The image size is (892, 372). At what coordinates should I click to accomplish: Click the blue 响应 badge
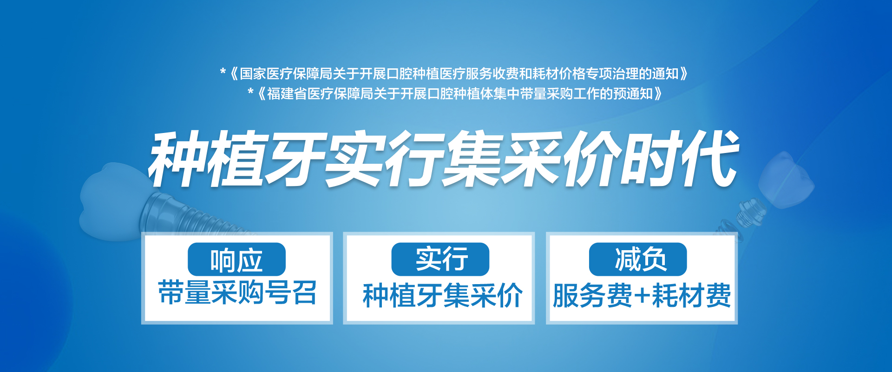click(236, 259)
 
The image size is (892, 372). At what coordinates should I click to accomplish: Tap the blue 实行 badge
click(440, 259)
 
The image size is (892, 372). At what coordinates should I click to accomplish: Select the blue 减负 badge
click(638, 259)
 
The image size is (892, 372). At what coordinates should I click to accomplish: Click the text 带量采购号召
click(237, 293)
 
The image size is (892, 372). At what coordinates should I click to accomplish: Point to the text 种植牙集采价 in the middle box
click(442, 295)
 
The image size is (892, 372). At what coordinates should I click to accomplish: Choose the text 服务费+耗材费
click(642, 295)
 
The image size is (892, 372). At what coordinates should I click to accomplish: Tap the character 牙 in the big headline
click(295, 159)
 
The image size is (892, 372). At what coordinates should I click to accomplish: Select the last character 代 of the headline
click(710, 159)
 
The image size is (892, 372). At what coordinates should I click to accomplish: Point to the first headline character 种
click(178, 159)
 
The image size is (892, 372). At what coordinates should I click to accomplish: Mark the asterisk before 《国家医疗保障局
click(223, 72)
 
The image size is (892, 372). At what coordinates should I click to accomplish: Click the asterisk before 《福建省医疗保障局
click(251, 92)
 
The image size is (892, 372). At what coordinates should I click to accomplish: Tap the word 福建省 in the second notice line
click(287, 93)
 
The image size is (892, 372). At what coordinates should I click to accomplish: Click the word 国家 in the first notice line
click(253, 73)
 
